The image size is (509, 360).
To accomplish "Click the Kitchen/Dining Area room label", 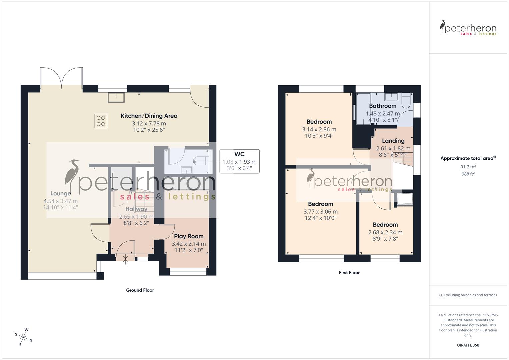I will [149, 116].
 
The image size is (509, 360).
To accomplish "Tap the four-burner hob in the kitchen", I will [101, 121].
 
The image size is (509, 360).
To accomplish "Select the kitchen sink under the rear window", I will [116, 97].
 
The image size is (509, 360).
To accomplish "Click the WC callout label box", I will [239, 161].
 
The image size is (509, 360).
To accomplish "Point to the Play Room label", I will [189, 236].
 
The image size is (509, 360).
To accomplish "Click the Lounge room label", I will [61, 193].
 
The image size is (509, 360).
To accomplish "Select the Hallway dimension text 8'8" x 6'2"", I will [136, 223].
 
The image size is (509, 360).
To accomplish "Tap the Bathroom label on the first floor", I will [383, 106].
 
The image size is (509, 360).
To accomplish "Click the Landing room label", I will [393, 141].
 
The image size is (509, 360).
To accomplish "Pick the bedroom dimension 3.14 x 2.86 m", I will [319, 129].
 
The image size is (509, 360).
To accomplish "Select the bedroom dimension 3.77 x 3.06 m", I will [320, 212].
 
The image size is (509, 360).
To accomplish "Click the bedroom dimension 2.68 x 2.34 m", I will [385, 232].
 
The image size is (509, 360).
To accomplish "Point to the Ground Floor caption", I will [140, 290].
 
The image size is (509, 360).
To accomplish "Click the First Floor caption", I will [349, 273].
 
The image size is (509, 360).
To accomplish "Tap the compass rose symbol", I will [23, 337].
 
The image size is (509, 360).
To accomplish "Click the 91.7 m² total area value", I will [468, 167].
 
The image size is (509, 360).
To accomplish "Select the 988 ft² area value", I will [468, 174].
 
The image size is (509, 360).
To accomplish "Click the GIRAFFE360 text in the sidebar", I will [468, 345].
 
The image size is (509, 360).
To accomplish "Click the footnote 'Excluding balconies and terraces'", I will [468, 295].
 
